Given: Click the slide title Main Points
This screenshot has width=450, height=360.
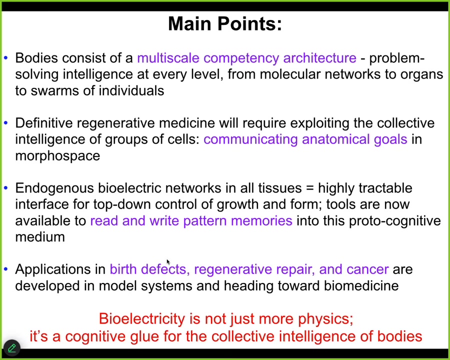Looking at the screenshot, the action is point(225,23).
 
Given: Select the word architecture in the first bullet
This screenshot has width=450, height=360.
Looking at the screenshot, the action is point(319,57).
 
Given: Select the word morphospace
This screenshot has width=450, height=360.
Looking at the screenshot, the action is point(57,156).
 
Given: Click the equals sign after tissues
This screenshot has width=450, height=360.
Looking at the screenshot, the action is point(310,188).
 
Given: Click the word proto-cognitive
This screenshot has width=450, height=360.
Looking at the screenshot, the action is point(395,221).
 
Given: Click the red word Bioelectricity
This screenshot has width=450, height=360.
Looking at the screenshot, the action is point(142,318).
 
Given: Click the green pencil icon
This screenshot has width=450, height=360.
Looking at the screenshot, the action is point(12,348).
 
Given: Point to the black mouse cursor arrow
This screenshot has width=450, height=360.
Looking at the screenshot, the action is point(168,262).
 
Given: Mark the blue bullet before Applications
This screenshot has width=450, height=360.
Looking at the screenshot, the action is point(5,269).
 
